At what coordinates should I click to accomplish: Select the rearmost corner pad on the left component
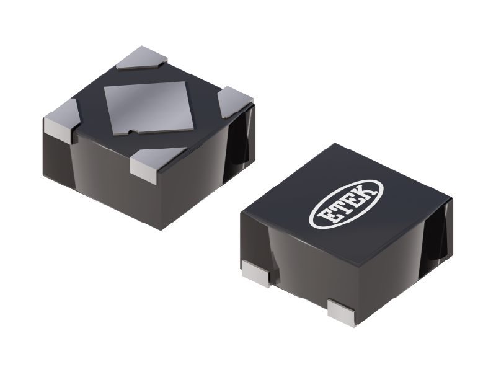[142, 58]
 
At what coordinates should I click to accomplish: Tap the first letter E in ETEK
[325, 216]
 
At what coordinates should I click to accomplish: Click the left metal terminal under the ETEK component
[255, 272]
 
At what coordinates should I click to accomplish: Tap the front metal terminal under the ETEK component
[342, 312]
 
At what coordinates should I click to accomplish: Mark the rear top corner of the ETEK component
[335, 144]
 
